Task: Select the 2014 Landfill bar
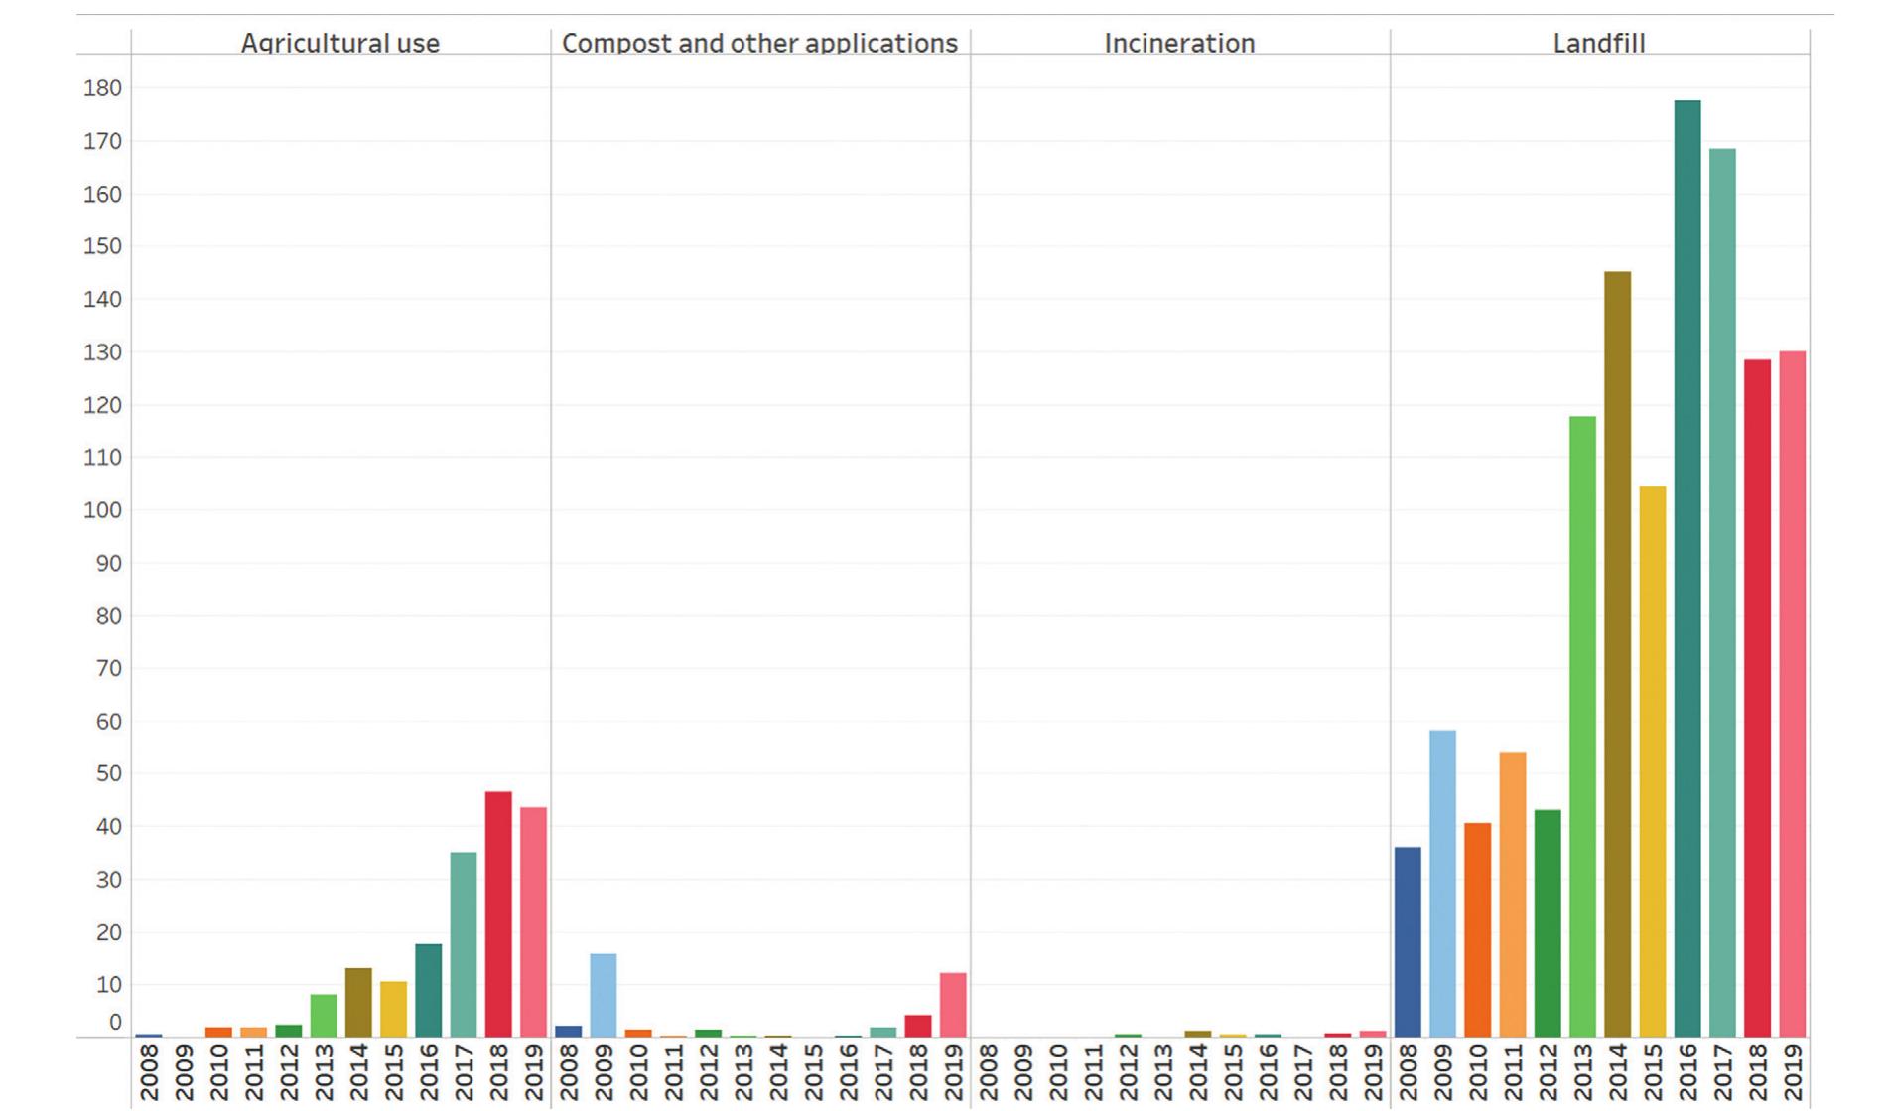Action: click(x=1617, y=654)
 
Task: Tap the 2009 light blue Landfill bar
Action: click(x=1442, y=884)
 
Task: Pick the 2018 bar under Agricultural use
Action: click(x=498, y=913)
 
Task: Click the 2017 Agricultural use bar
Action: click(x=464, y=944)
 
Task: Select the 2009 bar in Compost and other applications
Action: click(x=603, y=995)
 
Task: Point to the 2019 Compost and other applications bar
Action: click(x=953, y=1005)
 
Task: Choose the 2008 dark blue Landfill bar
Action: click(x=1407, y=941)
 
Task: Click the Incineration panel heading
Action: click(x=1179, y=44)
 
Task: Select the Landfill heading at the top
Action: click(x=1598, y=44)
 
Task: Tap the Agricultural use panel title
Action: click(x=339, y=44)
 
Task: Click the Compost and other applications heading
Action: click(x=759, y=44)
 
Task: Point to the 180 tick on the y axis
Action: click(x=102, y=88)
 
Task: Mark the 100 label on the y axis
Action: click(x=102, y=510)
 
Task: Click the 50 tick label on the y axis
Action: click(x=107, y=773)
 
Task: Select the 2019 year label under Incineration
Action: click(x=1374, y=1072)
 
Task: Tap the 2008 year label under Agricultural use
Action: click(x=149, y=1072)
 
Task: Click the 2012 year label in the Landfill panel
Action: click(x=1548, y=1072)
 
